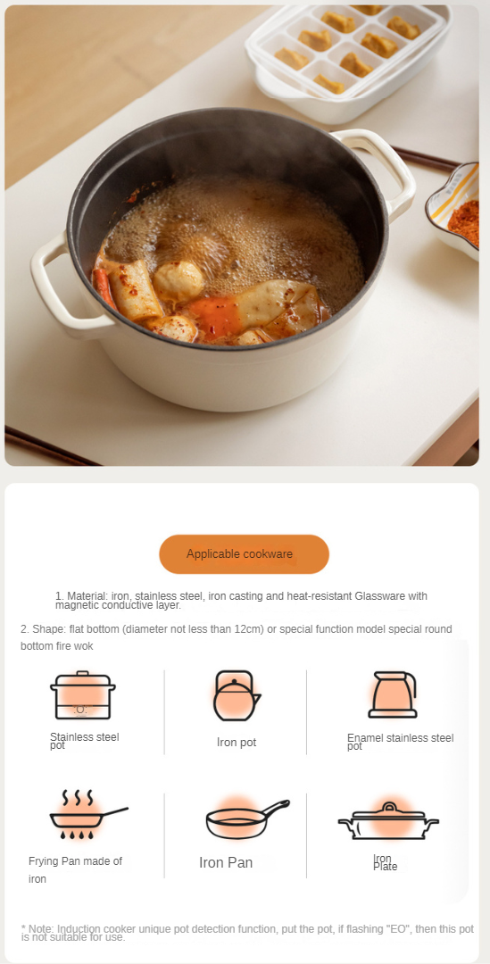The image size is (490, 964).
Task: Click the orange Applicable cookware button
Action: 244,554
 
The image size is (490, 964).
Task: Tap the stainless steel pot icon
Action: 82,695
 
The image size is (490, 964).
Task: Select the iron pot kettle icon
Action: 237,695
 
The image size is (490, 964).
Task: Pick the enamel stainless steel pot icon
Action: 392,694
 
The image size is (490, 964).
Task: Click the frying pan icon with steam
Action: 88,815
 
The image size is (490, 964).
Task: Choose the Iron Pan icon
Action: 247,820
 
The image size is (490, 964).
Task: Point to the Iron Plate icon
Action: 388,821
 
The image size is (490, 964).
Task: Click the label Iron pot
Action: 237,742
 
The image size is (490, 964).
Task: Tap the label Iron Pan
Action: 226,862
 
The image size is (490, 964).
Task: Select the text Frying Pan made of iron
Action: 75,870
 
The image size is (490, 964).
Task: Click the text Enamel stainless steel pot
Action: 400,742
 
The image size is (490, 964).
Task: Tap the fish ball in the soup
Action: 179,281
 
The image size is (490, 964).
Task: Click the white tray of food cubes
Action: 347,58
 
